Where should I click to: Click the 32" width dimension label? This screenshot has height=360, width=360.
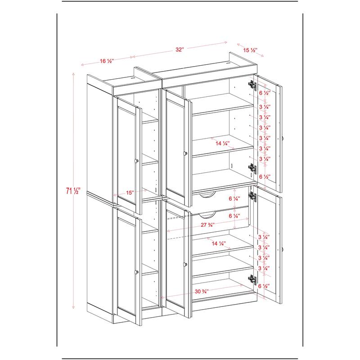point(180,50)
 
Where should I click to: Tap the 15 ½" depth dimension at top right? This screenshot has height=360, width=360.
point(250,50)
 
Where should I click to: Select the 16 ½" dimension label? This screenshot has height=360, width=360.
point(107,61)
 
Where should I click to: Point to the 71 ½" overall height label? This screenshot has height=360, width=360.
point(68,191)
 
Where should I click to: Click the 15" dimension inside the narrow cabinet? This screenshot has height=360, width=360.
point(130,193)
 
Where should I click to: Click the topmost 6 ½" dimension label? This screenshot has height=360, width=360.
point(265,93)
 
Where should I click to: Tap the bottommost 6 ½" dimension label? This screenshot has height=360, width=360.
point(265,286)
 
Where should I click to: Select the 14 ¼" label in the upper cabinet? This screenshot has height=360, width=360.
point(222,144)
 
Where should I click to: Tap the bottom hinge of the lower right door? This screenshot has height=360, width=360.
point(251,279)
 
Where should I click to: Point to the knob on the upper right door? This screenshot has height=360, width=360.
point(283,138)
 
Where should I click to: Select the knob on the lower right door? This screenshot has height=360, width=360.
point(283,248)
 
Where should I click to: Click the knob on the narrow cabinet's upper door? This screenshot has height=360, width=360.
point(135,161)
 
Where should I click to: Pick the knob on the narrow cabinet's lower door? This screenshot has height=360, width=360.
point(135,271)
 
